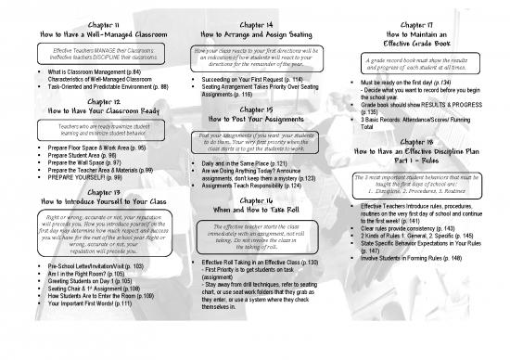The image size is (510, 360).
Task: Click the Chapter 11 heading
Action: [x=85, y=17]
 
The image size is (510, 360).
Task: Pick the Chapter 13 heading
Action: [x=85, y=192]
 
